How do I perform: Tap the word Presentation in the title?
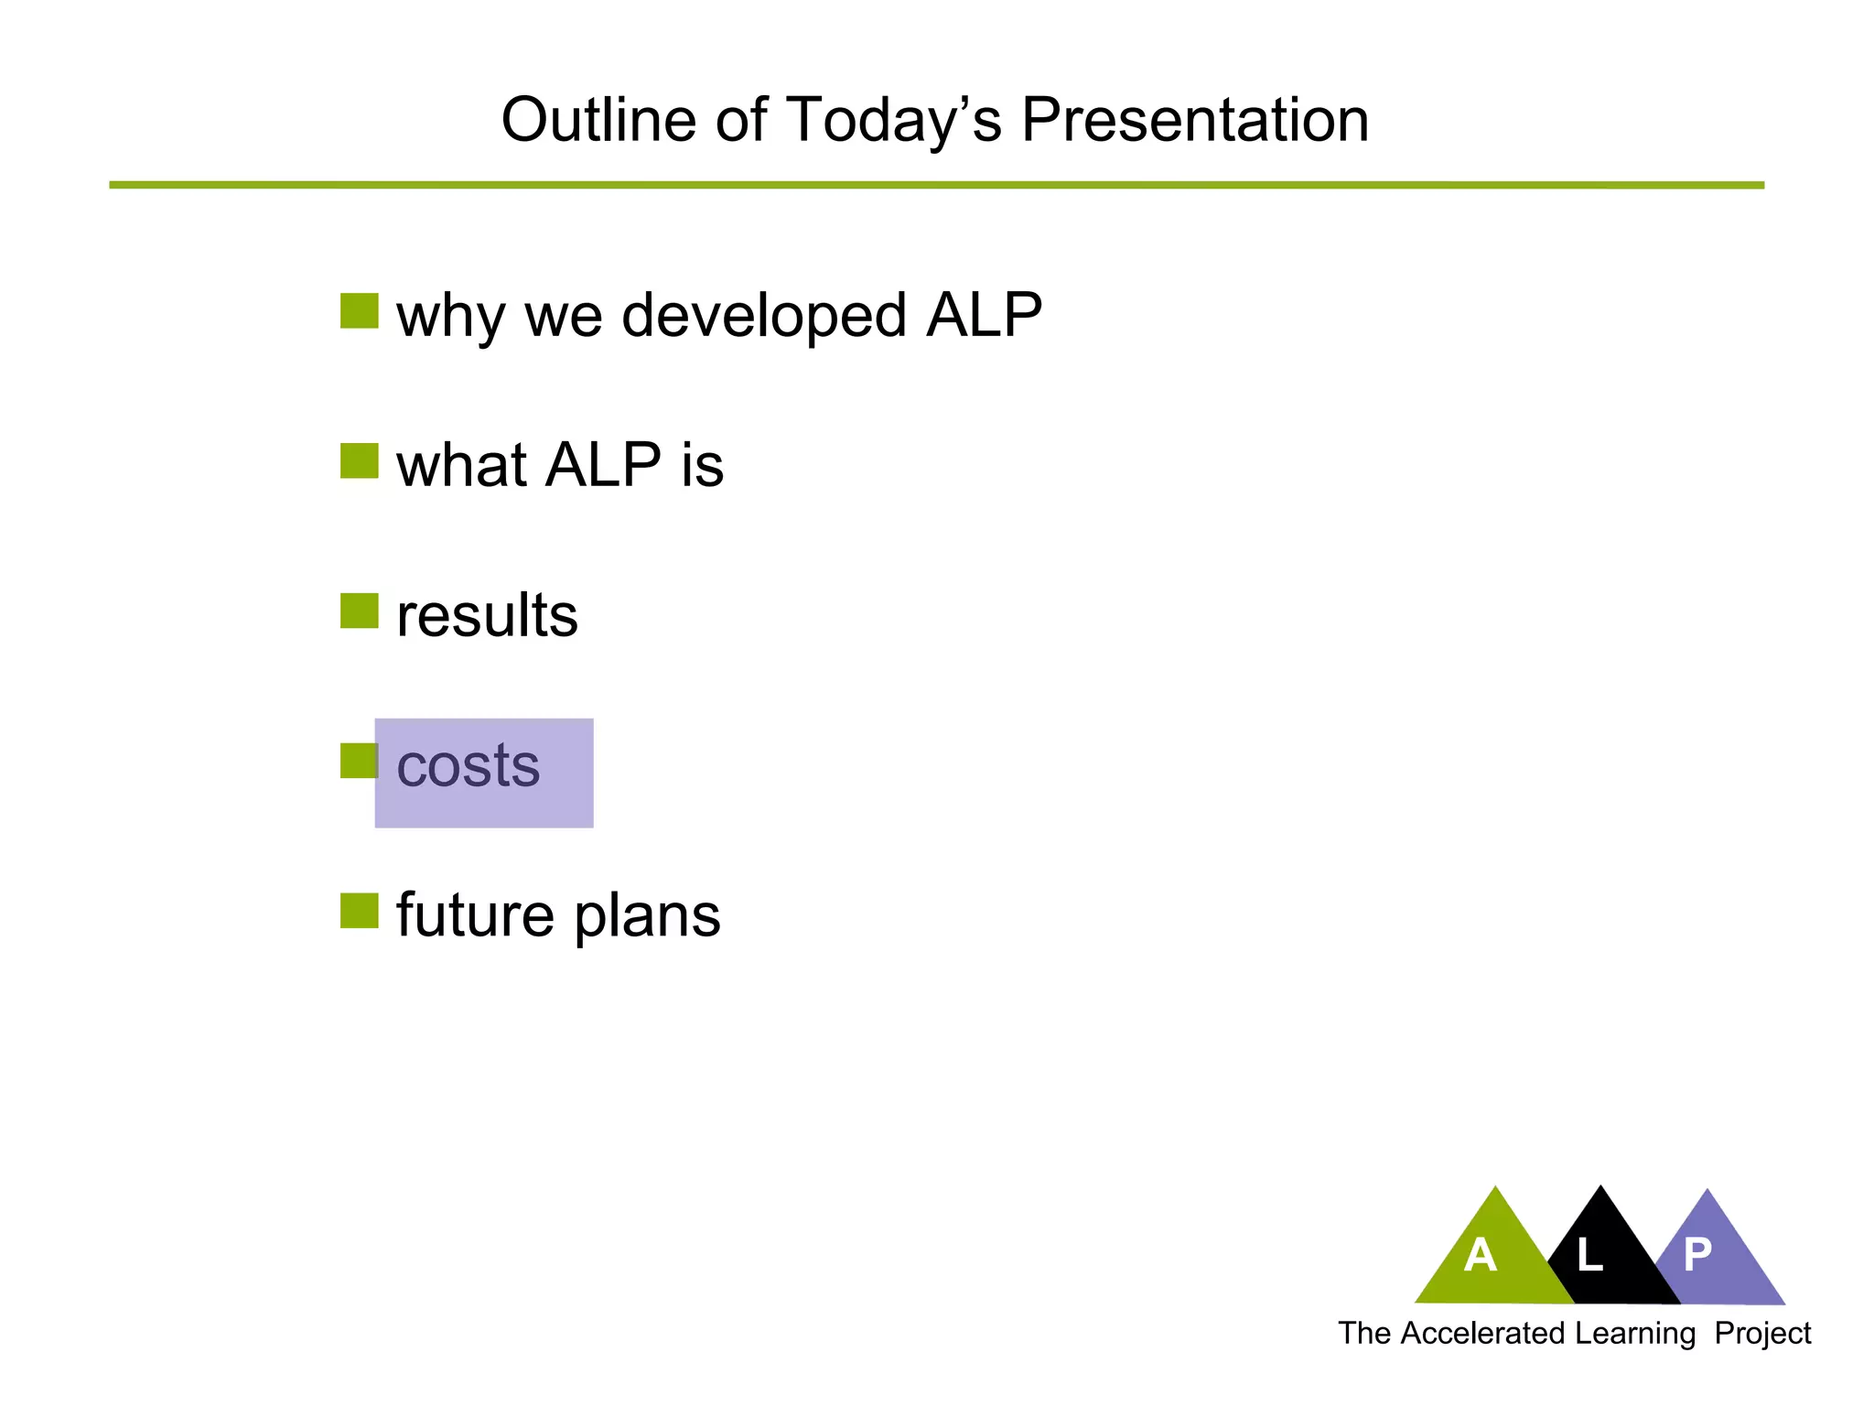[x=1194, y=120]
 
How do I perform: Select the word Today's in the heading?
[x=893, y=120]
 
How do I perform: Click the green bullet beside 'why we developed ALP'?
[x=359, y=311]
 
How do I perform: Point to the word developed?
[x=764, y=316]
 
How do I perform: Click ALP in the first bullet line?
[x=984, y=316]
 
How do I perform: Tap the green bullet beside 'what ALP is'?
[x=359, y=461]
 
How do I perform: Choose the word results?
[x=487, y=615]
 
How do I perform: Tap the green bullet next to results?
[x=359, y=611]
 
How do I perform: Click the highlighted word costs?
[x=468, y=766]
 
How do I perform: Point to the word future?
[x=475, y=914]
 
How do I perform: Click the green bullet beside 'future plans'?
[x=359, y=911]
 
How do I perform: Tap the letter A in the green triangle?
[x=1480, y=1255]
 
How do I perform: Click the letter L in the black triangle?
[x=1589, y=1255]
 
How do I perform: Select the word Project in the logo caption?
[x=1762, y=1334]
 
